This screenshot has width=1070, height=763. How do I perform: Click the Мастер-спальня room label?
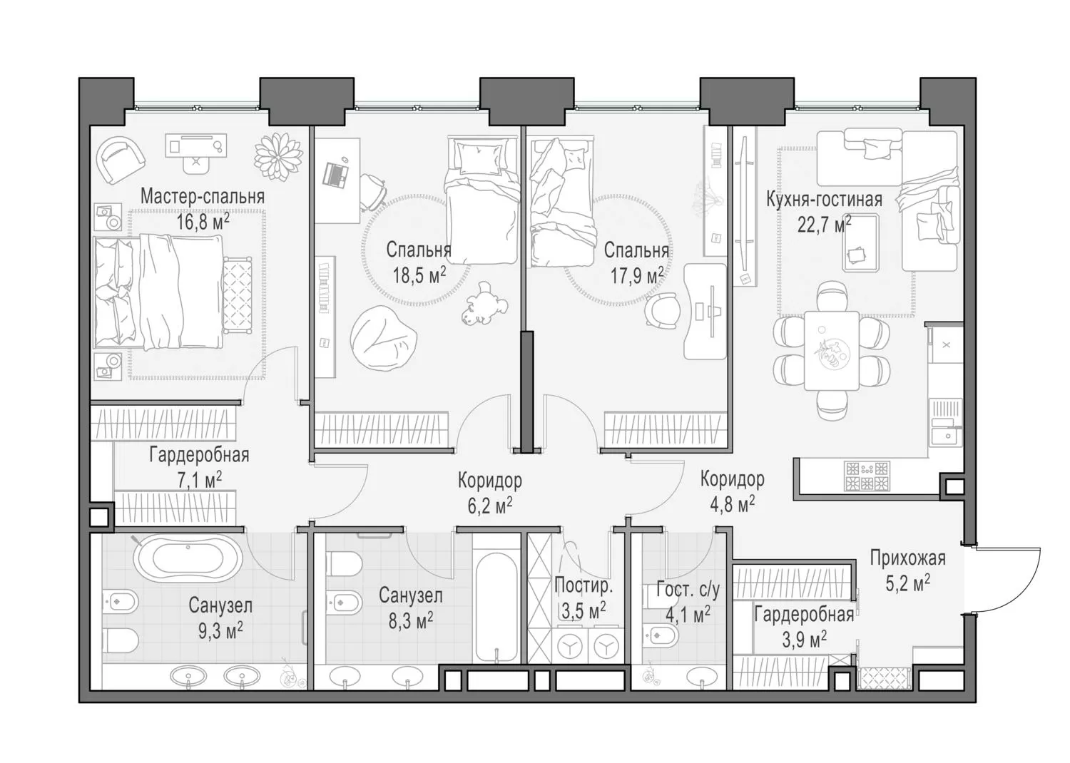203,197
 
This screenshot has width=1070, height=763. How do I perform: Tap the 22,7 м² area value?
824,225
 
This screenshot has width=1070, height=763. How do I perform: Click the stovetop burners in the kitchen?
867,476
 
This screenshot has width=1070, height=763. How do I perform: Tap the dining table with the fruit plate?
832,350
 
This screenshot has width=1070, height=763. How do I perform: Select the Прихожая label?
907,558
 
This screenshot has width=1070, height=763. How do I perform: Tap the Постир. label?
584,586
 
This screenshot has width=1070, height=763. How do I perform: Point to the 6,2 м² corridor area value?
489,506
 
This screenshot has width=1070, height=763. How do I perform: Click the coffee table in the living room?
861,243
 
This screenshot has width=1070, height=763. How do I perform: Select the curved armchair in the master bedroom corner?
121,160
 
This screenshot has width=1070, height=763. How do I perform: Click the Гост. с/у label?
688,590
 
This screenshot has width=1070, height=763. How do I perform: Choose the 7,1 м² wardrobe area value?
199,480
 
